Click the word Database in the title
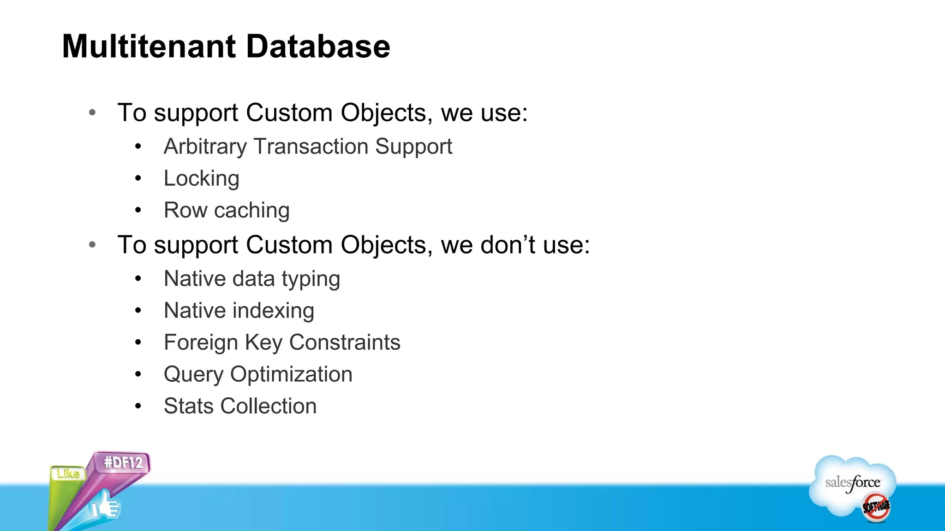pyautogui.click(x=318, y=47)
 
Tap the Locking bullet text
pyautogui.click(x=202, y=179)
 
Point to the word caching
pyautogui.click(x=252, y=211)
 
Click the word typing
pyautogui.click(x=311, y=279)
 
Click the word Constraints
pyautogui.click(x=345, y=342)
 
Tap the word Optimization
pyautogui.click(x=291, y=374)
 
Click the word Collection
pyautogui.click(x=269, y=406)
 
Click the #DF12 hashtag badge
pyautogui.click(x=123, y=462)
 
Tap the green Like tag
pyautogui.click(x=68, y=474)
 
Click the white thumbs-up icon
pyautogui.click(x=105, y=506)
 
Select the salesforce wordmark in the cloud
pyautogui.click(x=853, y=483)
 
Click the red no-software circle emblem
pyautogui.click(x=876, y=507)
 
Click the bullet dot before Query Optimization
pyautogui.click(x=138, y=374)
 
